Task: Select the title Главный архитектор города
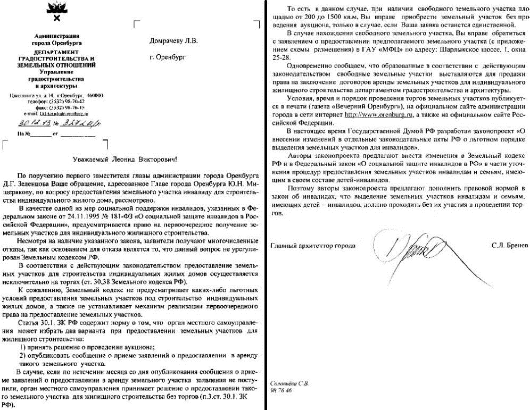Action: [x=313, y=246]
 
